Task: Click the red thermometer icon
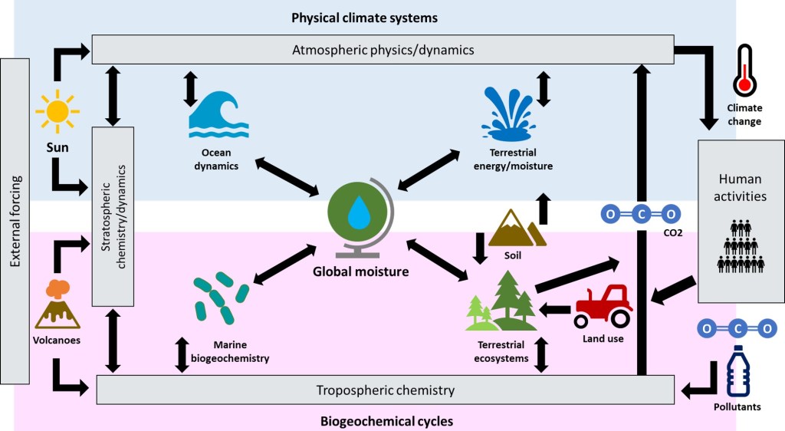[744, 73]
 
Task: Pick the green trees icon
[503, 302]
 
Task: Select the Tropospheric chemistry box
[385, 390]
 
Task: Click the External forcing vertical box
[16, 221]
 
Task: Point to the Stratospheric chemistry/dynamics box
[113, 218]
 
